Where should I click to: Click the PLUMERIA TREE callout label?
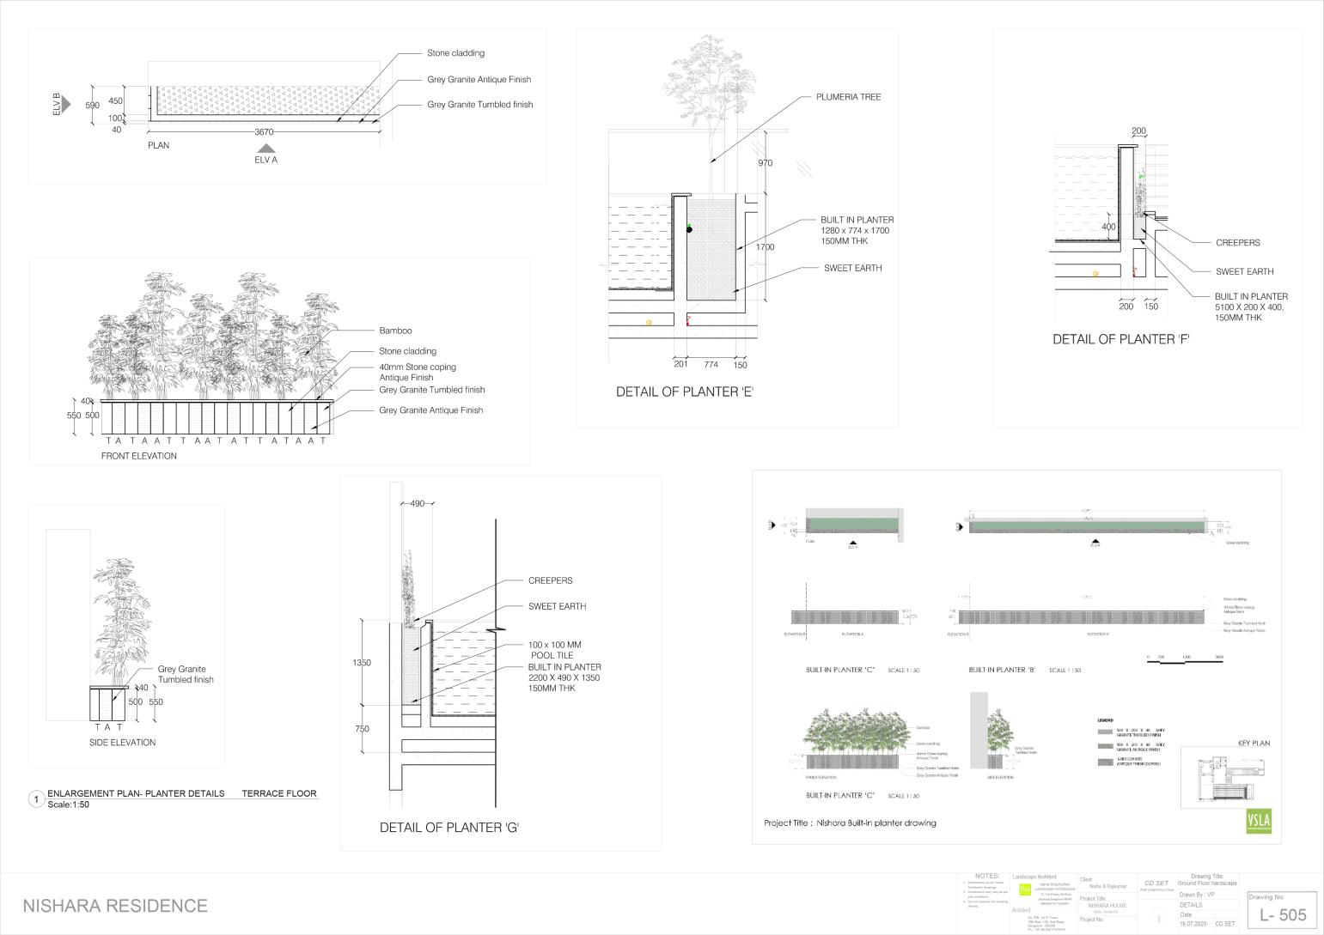click(848, 97)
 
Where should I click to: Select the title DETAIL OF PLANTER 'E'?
click(685, 392)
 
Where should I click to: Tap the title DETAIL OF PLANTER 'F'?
click(1121, 340)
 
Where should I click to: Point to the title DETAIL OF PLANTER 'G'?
click(449, 829)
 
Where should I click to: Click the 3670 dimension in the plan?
click(264, 132)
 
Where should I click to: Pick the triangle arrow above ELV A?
click(267, 149)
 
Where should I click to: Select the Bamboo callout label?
click(395, 331)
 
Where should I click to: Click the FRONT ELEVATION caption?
click(139, 456)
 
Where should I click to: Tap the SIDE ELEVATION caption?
click(123, 743)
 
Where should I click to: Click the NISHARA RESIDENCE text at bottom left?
click(115, 906)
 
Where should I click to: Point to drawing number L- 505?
click(1282, 915)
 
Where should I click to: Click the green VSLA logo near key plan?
click(1258, 821)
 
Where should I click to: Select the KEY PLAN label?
click(1254, 744)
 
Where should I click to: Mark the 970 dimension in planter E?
click(766, 163)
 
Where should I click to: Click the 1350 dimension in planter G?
click(362, 663)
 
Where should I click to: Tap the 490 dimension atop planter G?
click(418, 504)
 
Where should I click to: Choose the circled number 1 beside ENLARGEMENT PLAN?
click(36, 799)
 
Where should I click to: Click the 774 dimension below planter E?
click(711, 365)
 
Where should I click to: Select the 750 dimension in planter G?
click(362, 729)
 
